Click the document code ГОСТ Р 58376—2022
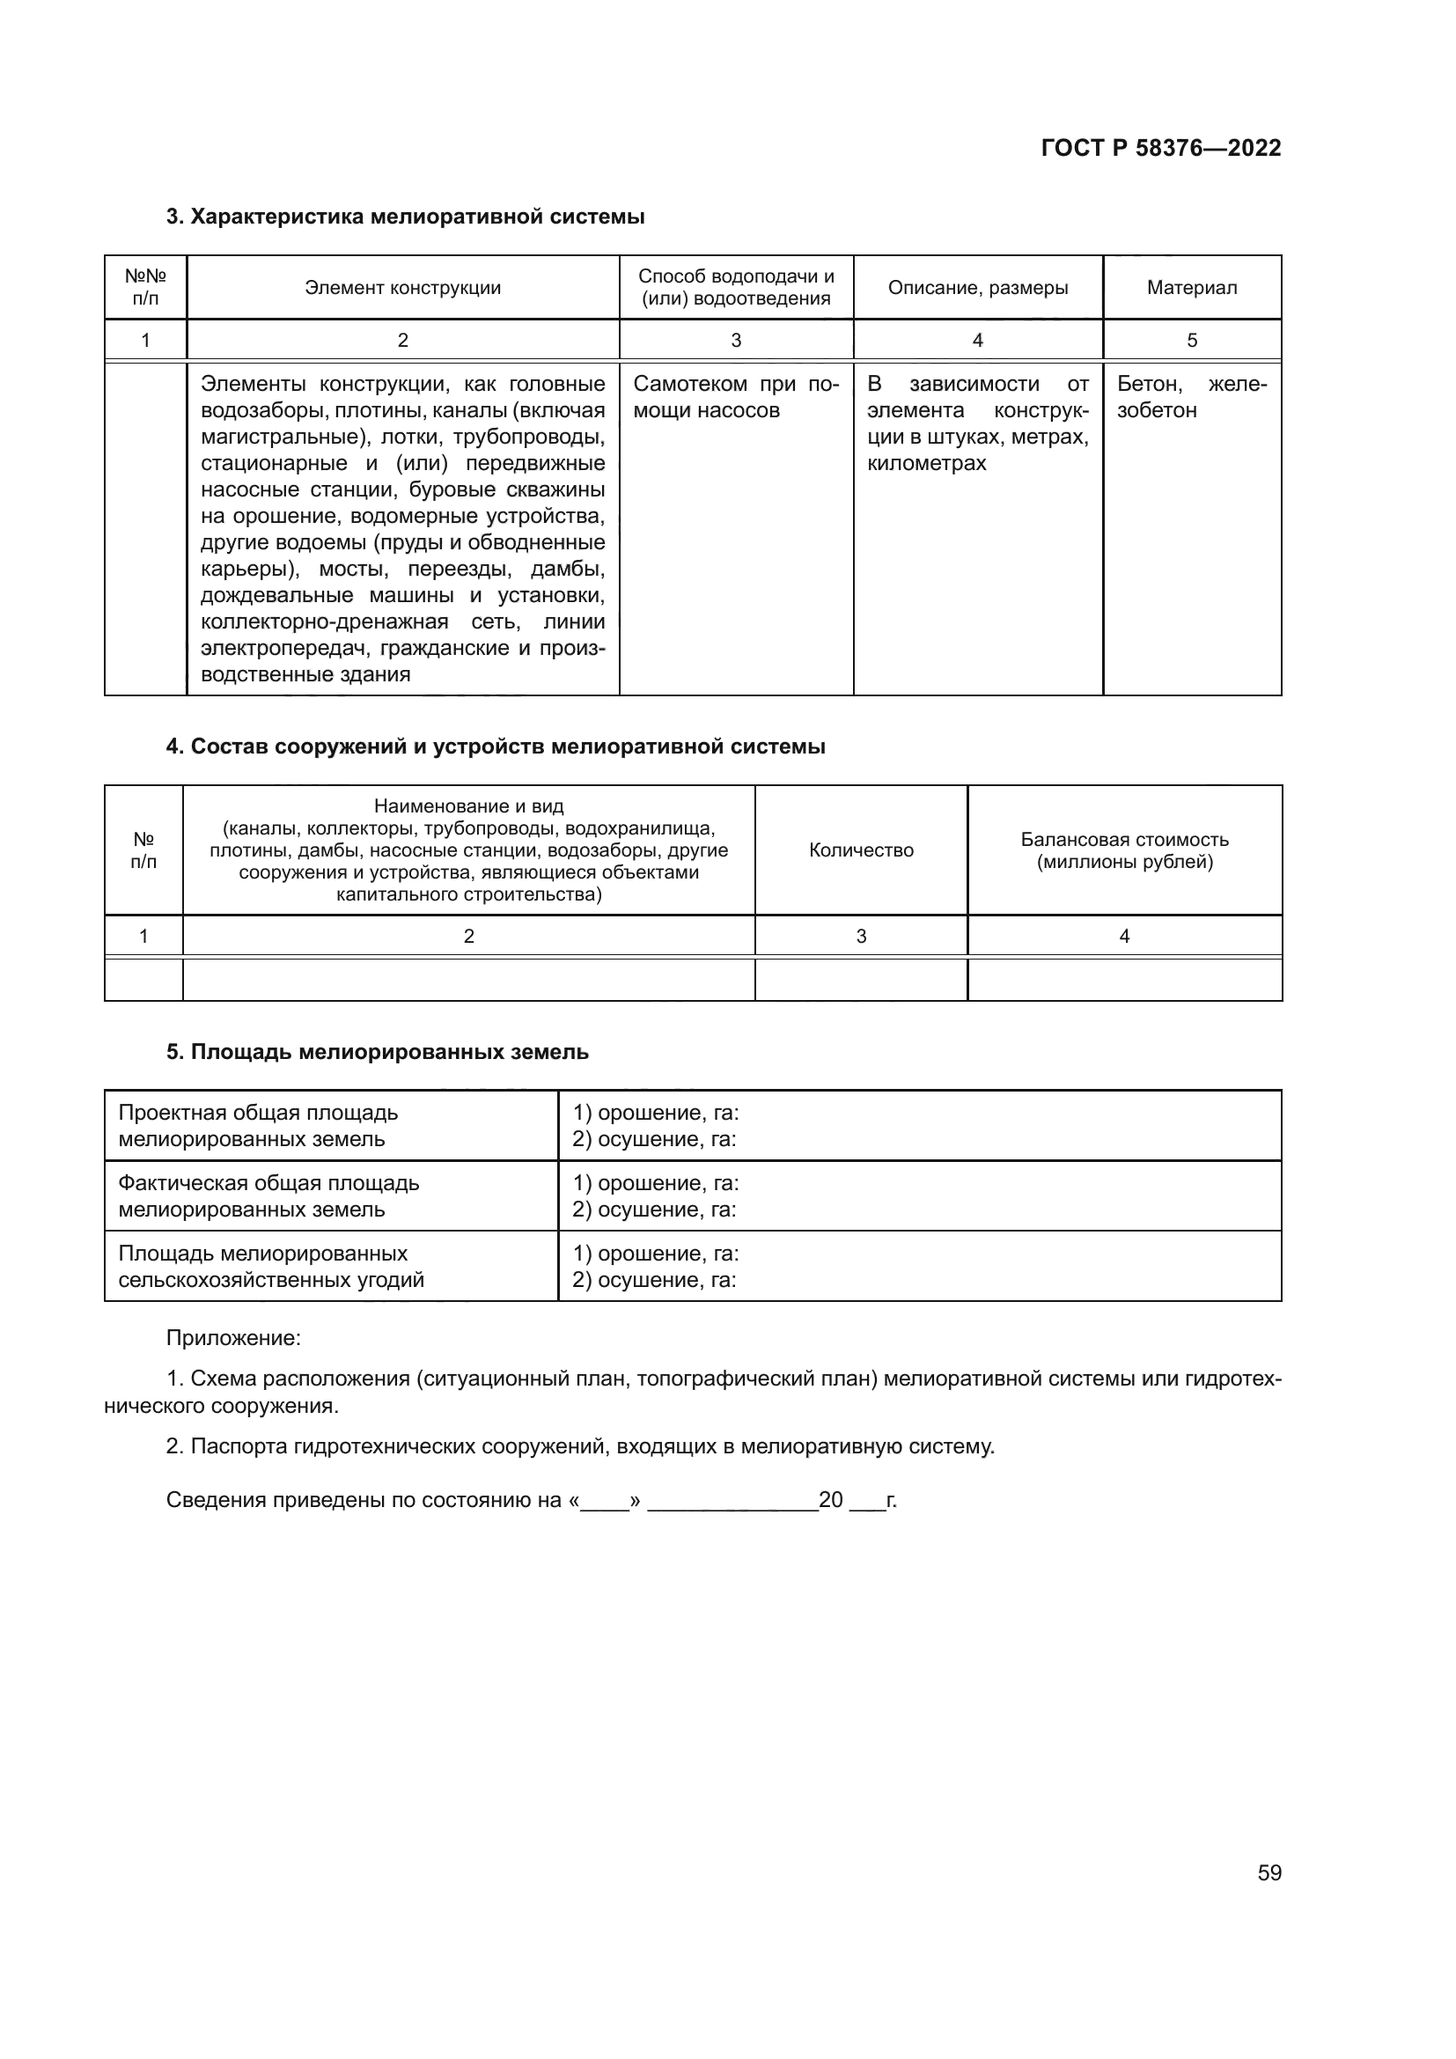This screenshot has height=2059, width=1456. (x=1160, y=148)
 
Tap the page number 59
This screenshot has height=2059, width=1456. (x=1268, y=1872)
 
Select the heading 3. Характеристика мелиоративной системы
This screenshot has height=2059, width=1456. (x=405, y=217)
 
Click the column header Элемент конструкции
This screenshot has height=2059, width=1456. (x=402, y=288)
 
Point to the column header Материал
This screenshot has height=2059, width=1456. (x=1191, y=288)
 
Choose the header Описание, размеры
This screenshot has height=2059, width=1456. (x=977, y=288)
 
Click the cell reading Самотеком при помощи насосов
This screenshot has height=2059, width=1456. (x=735, y=397)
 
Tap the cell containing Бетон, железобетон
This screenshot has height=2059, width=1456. (x=1191, y=397)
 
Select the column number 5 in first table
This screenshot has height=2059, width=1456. (x=1191, y=341)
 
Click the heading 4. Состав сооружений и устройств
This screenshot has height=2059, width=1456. (x=495, y=747)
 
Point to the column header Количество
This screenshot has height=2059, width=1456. (x=861, y=850)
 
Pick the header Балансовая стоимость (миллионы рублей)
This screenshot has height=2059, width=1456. (x=1124, y=851)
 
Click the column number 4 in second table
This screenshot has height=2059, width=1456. (x=1124, y=937)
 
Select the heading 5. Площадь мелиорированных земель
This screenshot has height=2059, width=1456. (x=378, y=1052)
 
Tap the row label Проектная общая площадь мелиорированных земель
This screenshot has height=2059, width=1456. (x=258, y=1127)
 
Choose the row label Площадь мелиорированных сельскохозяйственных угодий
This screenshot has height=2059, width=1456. (x=271, y=1266)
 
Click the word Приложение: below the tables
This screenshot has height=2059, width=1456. (x=233, y=1338)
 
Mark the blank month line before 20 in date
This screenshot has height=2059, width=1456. (x=732, y=1501)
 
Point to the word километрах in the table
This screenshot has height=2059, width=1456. (x=926, y=464)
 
